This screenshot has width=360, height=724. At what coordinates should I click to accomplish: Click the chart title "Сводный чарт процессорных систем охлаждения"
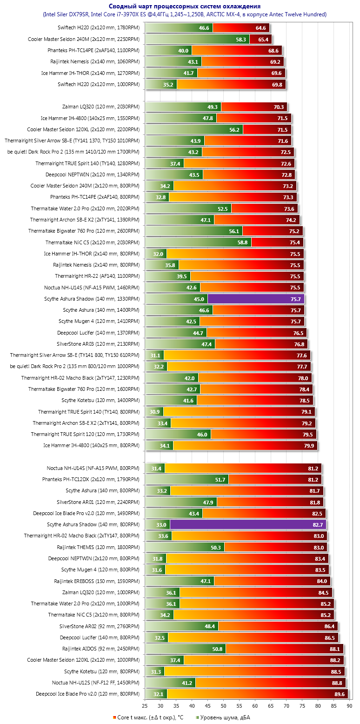tap(185, 6)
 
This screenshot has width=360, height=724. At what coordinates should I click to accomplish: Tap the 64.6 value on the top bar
tap(261, 28)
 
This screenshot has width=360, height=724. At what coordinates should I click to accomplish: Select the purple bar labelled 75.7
tap(256, 299)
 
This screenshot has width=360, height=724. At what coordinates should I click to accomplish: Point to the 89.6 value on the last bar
tap(340, 694)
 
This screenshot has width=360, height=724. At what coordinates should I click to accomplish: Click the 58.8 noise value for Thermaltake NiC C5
tap(242, 242)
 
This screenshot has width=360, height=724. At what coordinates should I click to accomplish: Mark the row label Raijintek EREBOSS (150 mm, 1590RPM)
tap(97, 581)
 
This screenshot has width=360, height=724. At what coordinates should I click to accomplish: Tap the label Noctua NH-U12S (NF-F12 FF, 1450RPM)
tap(96, 683)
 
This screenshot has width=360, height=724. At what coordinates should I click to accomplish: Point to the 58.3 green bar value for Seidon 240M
tap(241, 40)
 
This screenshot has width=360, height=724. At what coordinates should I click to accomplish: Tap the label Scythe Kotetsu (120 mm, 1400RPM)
tap(100, 401)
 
